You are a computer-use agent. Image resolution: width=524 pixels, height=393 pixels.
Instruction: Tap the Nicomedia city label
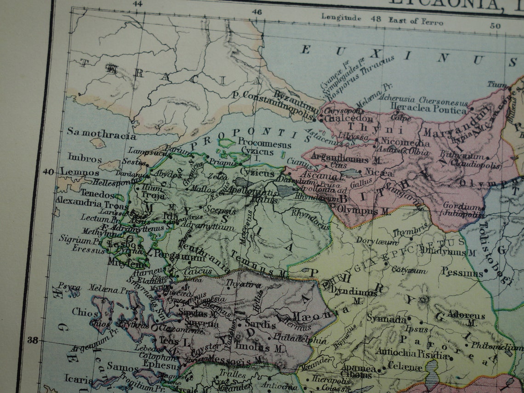405,142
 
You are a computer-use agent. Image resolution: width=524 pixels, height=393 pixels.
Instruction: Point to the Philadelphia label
300,339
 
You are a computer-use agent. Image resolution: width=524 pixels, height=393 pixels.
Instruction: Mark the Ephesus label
161,366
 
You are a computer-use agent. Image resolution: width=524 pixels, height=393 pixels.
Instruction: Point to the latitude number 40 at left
48,171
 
